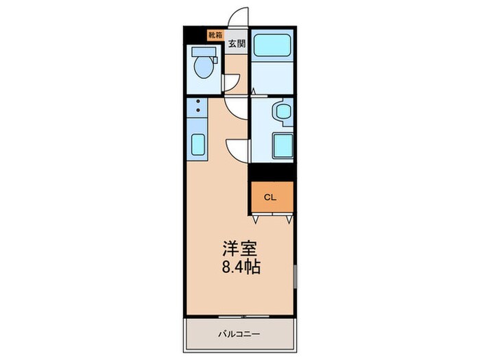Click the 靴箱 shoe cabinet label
(215, 35)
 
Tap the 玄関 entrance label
(237, 43)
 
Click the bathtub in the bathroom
(272, 45)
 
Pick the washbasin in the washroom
(284, 112)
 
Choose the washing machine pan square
(283, 145)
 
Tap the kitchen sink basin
(197, 145)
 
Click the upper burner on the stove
(198, 101)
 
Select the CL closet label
(270, 197)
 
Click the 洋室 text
(240, 249)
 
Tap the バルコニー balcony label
(239, 334)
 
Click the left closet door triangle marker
(256, 219)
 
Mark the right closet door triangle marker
(289, 219)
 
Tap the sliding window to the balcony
(243, 316)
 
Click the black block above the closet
(272, 172)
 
